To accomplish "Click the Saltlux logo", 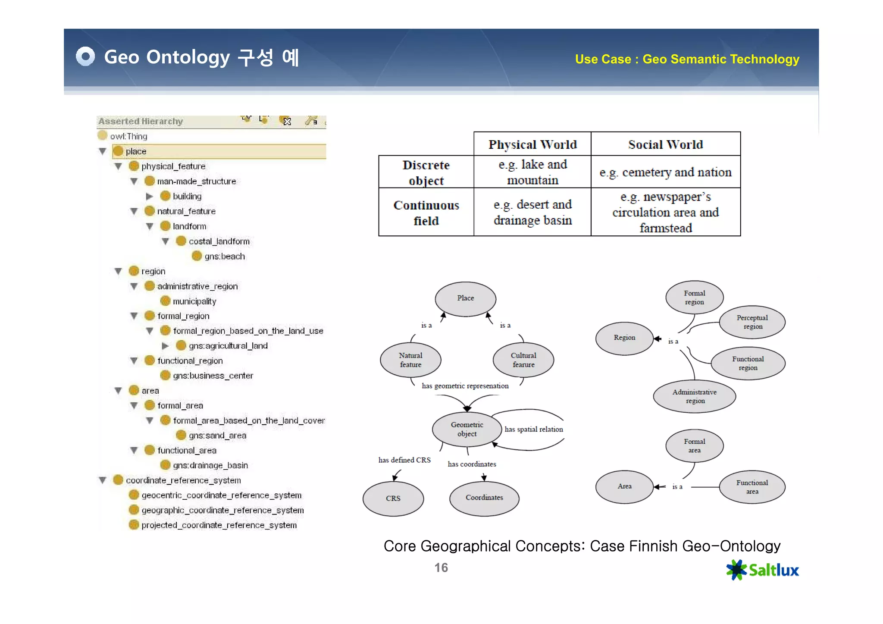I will pos(762,570).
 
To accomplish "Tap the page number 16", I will pos(441,568).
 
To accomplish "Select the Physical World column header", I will pos(532,144).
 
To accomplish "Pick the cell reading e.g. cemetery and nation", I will pos(665,172).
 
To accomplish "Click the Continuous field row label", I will pos(426,213).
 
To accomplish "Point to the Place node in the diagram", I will pos(465,298).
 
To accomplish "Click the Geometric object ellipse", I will pos(467,430).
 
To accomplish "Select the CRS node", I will pos(393,499).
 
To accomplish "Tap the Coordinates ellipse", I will pos(484,498).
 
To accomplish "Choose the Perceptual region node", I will pos(752,322).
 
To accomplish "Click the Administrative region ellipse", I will pos(694,396).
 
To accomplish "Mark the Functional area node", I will pos(752,487).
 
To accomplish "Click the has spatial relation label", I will pos(533,430).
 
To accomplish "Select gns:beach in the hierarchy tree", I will pos(224,257).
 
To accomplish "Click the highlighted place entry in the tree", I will pos(136,151).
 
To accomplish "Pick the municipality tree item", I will pos(194,301).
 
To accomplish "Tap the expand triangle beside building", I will pos(150,197).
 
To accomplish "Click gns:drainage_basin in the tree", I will pos(210,465).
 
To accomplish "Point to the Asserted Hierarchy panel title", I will pos(141,122).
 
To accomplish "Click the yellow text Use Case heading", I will pos(687,59).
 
